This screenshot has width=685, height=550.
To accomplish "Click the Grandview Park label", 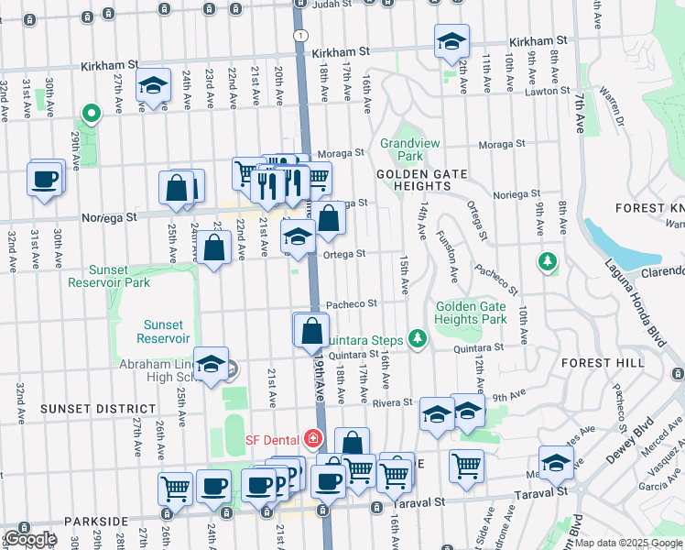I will [x=401, y=149].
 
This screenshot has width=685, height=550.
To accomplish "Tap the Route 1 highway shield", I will [x=299, y=34].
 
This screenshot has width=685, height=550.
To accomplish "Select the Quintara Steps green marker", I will [x=418, y=338].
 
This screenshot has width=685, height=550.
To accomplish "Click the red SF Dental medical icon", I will [x=314, y=439].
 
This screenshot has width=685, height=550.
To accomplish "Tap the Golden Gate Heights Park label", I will [x=471, y=313].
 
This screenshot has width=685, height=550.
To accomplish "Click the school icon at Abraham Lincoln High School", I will [x=211, y=365].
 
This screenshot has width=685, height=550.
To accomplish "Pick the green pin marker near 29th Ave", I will [x=91, y=115].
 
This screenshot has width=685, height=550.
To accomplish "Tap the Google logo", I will [x=30, y=539].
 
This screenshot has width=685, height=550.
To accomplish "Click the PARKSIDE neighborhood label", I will [x=96, y=521].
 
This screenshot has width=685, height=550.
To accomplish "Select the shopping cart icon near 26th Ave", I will [x=175, y=488].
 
